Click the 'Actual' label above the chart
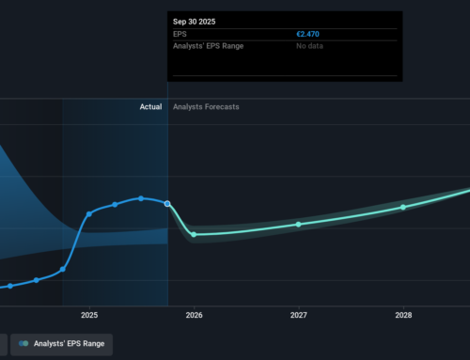point(150,107)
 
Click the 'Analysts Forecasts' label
point(206,107)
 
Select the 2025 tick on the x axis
point(89,315)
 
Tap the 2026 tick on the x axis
point(194,315)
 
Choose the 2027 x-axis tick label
point(298,315)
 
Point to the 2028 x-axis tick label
point(402,315)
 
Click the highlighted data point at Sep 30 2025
point(167,203)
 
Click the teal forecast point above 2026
point(194,234)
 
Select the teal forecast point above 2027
point(298,224)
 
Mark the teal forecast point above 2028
point(403,207)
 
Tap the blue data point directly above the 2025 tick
point(89,213)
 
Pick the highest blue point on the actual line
point(141,197)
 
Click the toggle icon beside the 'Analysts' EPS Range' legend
point(23,344)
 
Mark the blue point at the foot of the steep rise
point(63,269)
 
